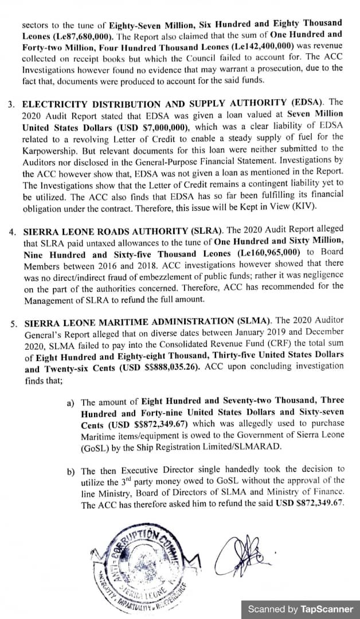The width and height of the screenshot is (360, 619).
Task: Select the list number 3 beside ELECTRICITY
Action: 11,105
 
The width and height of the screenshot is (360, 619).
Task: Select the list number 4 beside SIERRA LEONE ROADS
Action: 12,233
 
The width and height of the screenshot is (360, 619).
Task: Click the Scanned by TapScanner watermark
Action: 300,609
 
